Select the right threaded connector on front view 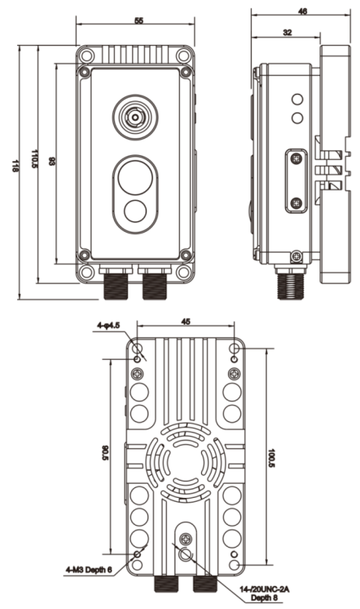coord(154,283)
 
